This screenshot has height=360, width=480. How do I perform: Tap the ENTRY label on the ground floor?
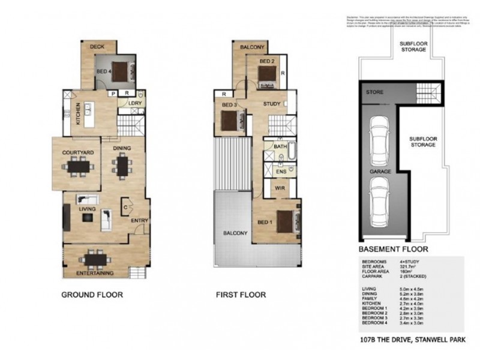(x=139, y=221)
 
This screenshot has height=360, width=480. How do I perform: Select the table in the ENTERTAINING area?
(x=96, y=259)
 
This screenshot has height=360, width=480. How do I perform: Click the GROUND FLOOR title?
(x=93, y=295)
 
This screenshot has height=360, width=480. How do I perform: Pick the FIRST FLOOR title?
(x=240, y=295)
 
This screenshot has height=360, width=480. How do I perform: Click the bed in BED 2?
(x=266, y=74)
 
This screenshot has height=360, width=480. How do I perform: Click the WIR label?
(x=279, y=188)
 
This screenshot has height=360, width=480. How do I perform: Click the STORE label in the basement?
(x=375, y=93)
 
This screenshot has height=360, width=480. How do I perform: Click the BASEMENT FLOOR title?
(x=393, y=248)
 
